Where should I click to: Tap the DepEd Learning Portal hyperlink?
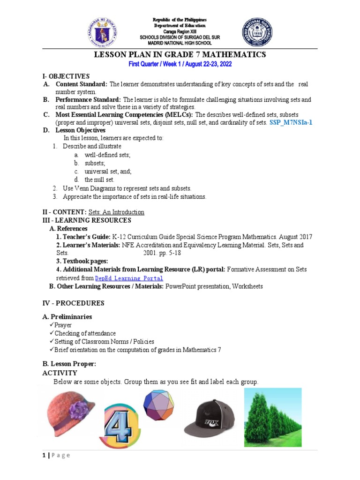point(129,278)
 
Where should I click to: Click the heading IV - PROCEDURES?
point(73,303)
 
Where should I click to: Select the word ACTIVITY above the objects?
point(60,373)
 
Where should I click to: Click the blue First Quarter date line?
point(180,64)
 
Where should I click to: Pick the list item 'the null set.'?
point(99,180)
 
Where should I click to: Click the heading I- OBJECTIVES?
point(66,76)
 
